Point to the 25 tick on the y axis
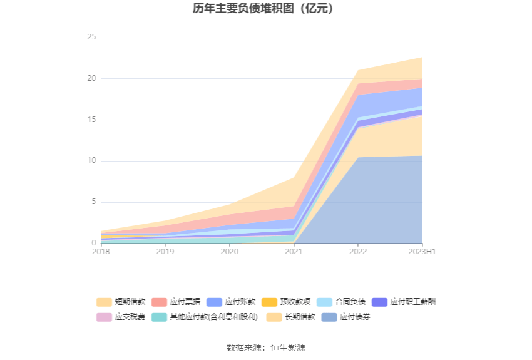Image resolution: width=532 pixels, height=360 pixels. pos(91,38)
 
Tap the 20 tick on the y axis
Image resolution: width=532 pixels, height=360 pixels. pos(91,79)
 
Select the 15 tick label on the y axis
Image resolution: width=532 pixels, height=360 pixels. pos(91,120)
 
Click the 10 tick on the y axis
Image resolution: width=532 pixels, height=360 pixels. pos(91,161)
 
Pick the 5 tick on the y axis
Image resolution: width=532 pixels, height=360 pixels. pos(93,202)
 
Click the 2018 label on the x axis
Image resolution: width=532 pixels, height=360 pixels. pos(101,252)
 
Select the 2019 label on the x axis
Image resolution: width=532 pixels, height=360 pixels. pos(165,252)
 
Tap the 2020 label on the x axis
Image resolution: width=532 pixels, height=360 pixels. pos(230,252)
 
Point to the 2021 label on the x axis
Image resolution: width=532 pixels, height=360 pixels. pos(294,252)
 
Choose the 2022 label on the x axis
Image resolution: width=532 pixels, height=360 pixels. pos(358,252)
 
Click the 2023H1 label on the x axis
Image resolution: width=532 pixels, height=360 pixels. pos(422,252)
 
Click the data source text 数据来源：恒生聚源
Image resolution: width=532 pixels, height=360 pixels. pos(266,347)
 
